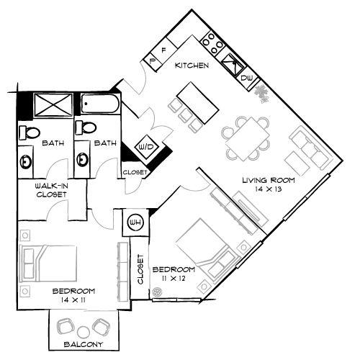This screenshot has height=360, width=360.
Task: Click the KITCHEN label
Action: coord(193,66)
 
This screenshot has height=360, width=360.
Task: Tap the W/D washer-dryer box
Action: coord(146,146)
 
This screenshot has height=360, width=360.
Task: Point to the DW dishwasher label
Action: coord(246,78)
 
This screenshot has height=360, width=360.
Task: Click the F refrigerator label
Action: coord(163,51)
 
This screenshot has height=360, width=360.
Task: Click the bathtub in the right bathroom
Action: coord(100,106)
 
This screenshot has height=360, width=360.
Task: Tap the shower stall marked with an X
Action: coord(48,106)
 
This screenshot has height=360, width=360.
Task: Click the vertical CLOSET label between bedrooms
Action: coord(140,270)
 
